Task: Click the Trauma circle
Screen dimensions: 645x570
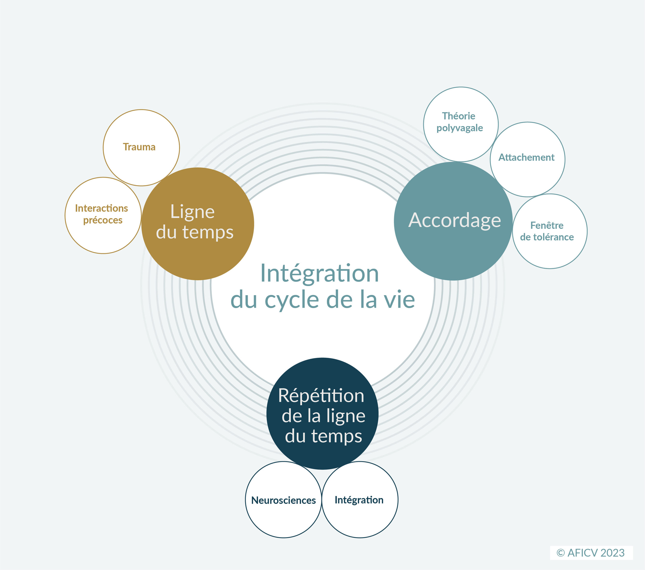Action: coord(141,148)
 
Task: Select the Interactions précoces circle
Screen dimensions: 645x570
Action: coord(103,215)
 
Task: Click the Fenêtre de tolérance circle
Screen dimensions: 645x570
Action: coord(550,231)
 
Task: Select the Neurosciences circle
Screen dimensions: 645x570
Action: coord(283,500)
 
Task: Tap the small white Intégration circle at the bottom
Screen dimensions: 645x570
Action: coord(359,500)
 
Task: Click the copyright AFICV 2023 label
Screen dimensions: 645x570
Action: coord(591,553)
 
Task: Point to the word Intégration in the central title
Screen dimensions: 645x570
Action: coord(319,273)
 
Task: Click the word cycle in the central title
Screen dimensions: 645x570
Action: coord(291,300)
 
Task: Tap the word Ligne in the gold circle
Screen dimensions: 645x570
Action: coord(192,212)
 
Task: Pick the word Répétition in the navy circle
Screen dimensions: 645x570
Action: coord(321,396)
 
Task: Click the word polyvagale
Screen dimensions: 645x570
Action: coord(460,128)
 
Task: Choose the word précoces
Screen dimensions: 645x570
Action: coord(103,220)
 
